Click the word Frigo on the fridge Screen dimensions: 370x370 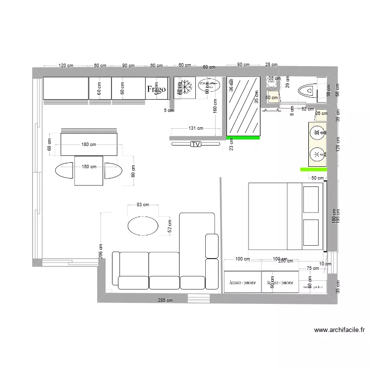156,89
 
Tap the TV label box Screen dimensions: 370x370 196,144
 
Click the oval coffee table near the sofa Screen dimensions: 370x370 144,226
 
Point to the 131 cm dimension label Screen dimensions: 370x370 196,128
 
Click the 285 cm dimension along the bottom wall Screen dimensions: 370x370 165,300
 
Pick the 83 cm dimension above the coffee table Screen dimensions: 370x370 143,205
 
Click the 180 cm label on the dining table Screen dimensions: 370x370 89,145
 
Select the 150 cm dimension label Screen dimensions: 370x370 89,167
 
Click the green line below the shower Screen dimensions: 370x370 243,138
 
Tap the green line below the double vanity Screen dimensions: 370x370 312,169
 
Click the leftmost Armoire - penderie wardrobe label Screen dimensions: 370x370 242,283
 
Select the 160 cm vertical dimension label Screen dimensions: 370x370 216,106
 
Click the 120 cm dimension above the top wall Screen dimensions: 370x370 66,66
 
